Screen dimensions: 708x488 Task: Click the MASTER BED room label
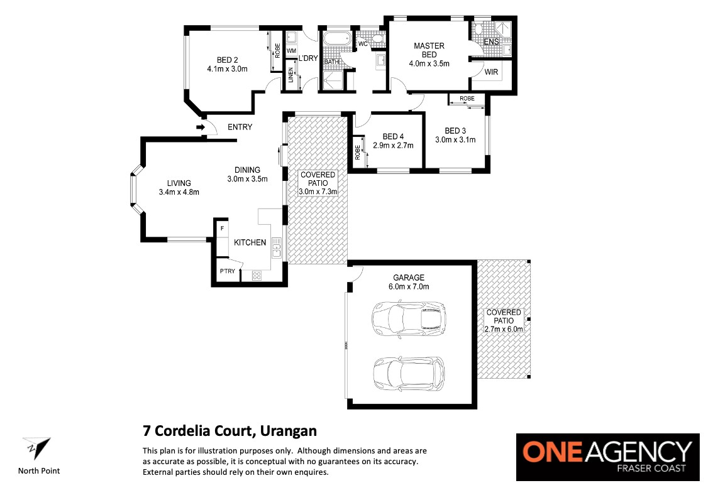(429, 50)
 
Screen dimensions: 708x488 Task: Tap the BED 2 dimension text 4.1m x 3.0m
(227, 69)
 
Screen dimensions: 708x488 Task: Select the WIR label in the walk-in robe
(491, 72)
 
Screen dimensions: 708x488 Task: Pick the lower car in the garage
(409, 373)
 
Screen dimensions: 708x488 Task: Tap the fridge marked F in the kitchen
(222, 229)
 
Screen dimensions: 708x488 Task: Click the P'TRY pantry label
(228, 271)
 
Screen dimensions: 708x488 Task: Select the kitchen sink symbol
(276, 249)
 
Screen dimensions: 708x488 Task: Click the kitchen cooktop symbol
(257, 274)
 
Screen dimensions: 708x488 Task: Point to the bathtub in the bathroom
(337, 39)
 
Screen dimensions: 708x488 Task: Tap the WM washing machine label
(291, 51)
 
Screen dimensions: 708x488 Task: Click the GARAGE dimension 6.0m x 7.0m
(409, 286)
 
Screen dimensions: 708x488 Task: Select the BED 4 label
(393, 136)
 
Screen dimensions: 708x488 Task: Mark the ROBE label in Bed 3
(467, 99)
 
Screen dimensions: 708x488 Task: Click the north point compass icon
(37, 448)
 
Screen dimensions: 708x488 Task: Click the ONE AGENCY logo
(608, 457)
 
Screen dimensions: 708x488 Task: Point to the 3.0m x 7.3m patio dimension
(318, 192)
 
